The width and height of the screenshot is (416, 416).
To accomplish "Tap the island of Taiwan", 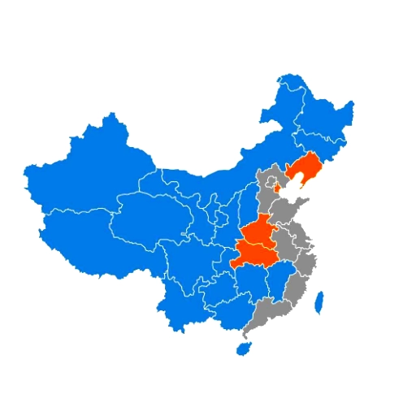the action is (x=319, y=302).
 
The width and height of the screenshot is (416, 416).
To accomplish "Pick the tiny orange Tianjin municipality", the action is (x=277, y=188).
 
